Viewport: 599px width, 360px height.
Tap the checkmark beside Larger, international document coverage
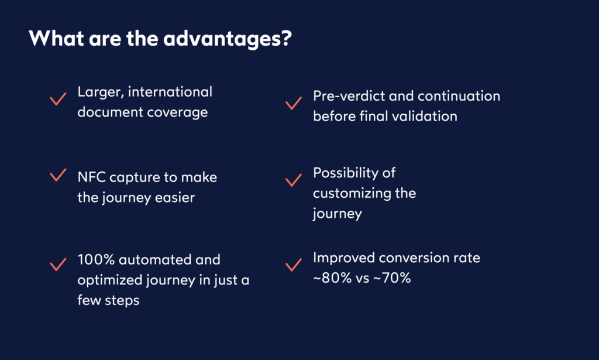57,99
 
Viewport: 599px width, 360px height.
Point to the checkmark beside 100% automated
57,265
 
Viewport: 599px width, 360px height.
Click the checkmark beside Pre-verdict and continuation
292,104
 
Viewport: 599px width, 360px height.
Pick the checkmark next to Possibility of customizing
292,180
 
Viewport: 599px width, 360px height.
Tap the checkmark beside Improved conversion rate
292,266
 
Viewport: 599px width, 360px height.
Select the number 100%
96,259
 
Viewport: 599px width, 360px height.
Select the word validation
424,116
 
